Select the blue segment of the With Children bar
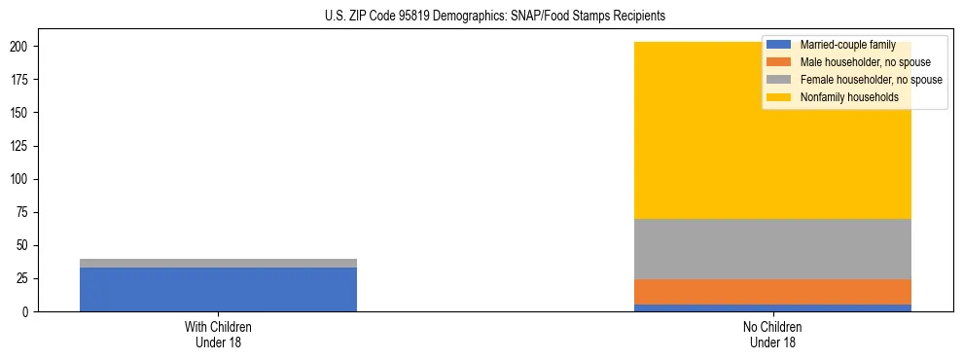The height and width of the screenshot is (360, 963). [218, 289]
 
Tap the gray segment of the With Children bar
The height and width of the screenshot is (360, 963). [218, 263]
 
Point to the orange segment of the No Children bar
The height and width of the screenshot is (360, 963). [772, 292]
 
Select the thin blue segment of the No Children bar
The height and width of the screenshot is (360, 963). [772, 307]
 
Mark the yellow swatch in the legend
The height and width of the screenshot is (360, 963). [780, 97]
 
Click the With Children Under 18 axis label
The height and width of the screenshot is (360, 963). [218, 334]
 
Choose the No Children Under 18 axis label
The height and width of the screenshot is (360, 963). [772, 334]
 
